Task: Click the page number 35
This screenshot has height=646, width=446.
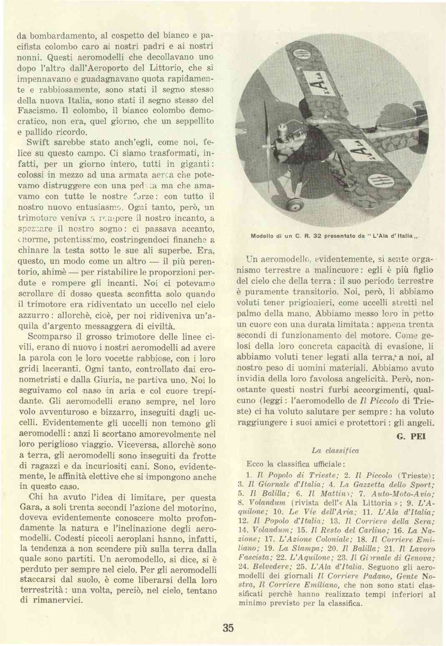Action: click(228, 628)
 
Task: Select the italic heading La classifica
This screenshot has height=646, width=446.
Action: click(335, 451)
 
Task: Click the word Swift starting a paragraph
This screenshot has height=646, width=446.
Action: click(38, 142)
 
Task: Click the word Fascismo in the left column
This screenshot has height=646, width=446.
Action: click(38, 111)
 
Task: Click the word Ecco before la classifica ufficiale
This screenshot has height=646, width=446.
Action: click(255, 464)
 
